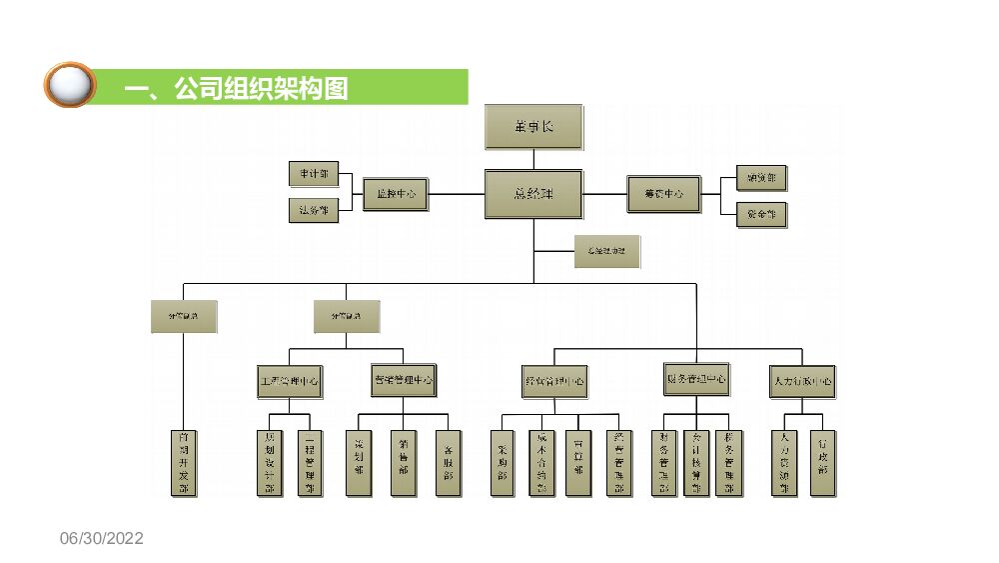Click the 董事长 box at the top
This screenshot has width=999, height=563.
(532, 128)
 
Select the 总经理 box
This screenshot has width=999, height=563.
(533, 194)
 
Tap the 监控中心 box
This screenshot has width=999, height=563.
(396, 194)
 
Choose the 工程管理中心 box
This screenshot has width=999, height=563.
(290, 381)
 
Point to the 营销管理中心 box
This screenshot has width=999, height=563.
(404, 380)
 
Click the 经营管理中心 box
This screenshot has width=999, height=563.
(554, 382)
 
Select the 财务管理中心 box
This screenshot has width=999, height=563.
(696, 380)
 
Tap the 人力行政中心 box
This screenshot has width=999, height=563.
(803, 381)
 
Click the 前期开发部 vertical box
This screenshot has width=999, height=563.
(183, 463)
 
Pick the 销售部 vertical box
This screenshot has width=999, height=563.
(403, 463)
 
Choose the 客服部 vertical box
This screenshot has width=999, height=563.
(449, 463)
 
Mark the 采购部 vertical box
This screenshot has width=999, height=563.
(502, 463)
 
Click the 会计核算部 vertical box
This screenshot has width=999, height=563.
(696, 463)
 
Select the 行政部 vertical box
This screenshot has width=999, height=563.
(822, 463)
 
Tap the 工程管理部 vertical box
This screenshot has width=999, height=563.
(311, 463)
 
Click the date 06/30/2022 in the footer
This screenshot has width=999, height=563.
(102, 539)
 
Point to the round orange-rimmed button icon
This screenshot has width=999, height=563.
(69, 86)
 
